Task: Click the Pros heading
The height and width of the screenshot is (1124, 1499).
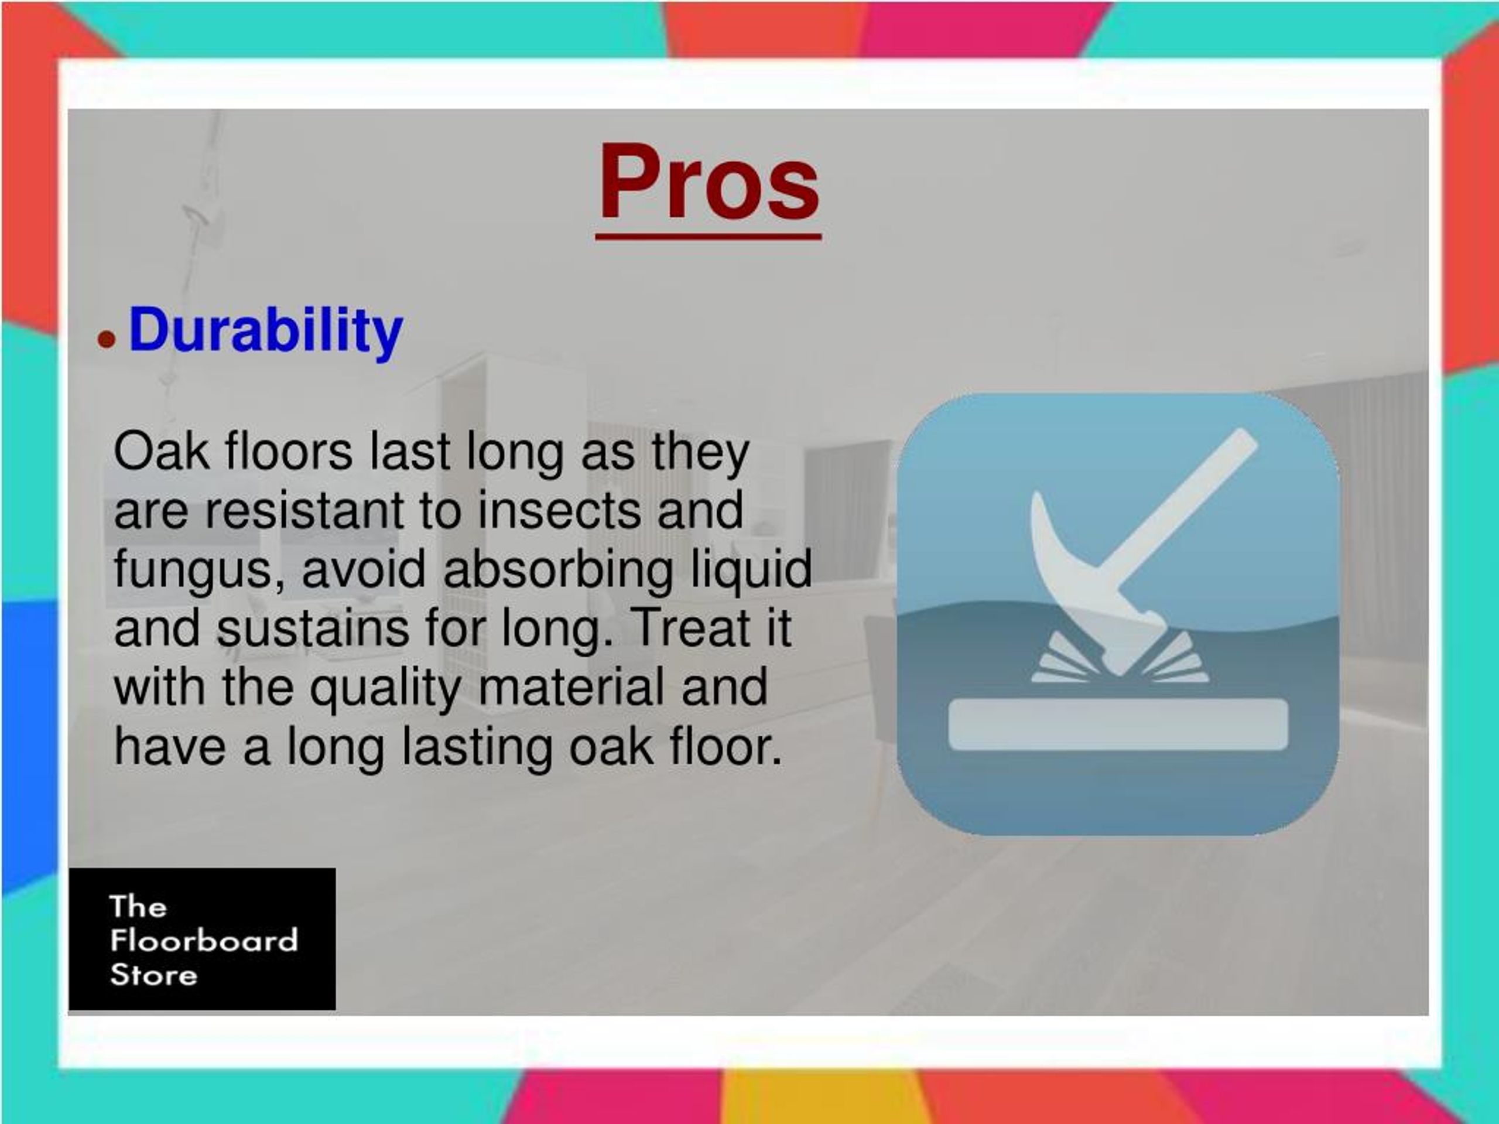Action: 708,183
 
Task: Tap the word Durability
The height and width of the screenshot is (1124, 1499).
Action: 266,330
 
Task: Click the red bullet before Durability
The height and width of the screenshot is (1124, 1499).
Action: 107,339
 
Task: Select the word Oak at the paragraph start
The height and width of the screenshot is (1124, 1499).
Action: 160,452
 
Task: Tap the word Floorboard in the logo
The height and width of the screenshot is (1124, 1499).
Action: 203,940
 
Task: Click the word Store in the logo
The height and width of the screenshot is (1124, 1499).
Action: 153,975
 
